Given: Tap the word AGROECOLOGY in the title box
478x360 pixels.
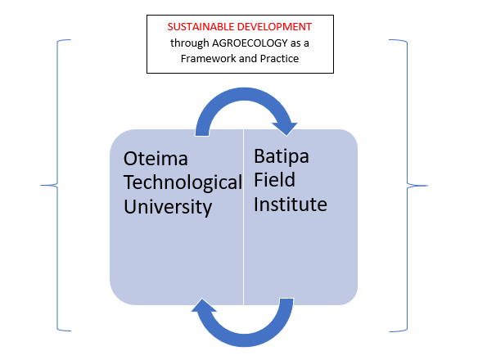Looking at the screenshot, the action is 250,43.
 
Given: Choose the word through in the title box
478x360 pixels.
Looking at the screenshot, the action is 190,43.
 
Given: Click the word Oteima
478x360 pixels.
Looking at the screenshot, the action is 156,159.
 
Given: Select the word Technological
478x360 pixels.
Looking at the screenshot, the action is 183,183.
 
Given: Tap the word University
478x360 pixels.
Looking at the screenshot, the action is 168,207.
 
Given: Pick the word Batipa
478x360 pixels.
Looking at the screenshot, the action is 282,156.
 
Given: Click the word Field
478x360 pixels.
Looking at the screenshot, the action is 274,179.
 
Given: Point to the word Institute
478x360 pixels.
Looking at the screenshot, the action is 291,204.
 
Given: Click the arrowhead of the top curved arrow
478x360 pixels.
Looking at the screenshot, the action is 285,128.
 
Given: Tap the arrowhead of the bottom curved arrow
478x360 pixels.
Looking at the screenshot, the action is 204,306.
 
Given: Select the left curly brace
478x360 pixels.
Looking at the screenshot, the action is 57,185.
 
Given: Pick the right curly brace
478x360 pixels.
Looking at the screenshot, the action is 408,186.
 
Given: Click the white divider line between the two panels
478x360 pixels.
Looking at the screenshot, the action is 243,217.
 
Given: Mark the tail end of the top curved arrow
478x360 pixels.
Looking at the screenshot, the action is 202,133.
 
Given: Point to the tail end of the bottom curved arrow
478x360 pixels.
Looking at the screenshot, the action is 286,302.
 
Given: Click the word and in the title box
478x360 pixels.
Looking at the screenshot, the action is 250,58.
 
